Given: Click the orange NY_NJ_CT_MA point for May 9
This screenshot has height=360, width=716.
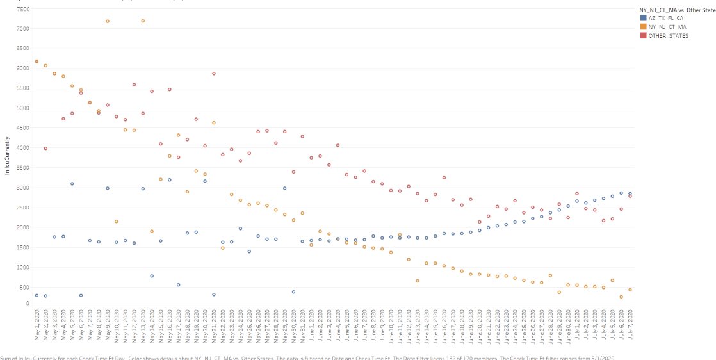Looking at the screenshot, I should (108, 21).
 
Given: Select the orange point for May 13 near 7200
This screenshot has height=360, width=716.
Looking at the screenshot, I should (143, 21).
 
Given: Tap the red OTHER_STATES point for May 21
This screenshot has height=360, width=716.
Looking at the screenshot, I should (214, 74).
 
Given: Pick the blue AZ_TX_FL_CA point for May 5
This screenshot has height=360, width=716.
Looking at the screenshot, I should (72, 184).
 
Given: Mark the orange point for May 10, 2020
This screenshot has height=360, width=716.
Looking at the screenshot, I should (117, 222).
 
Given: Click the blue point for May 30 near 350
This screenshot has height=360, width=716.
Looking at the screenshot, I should (293, 292).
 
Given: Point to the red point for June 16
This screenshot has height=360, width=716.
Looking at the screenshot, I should (444, 177).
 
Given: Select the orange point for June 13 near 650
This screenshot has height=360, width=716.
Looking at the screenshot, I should (418, 281).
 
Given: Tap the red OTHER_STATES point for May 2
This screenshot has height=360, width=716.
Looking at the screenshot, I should (45, 148).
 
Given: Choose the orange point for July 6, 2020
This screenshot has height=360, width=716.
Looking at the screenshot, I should (621, 297).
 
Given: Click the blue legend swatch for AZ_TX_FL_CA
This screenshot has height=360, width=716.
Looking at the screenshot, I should (644, 18).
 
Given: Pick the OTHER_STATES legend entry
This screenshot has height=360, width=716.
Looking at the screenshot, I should (667, 36).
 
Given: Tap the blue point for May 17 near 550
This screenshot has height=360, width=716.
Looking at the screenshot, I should (178, 285).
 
